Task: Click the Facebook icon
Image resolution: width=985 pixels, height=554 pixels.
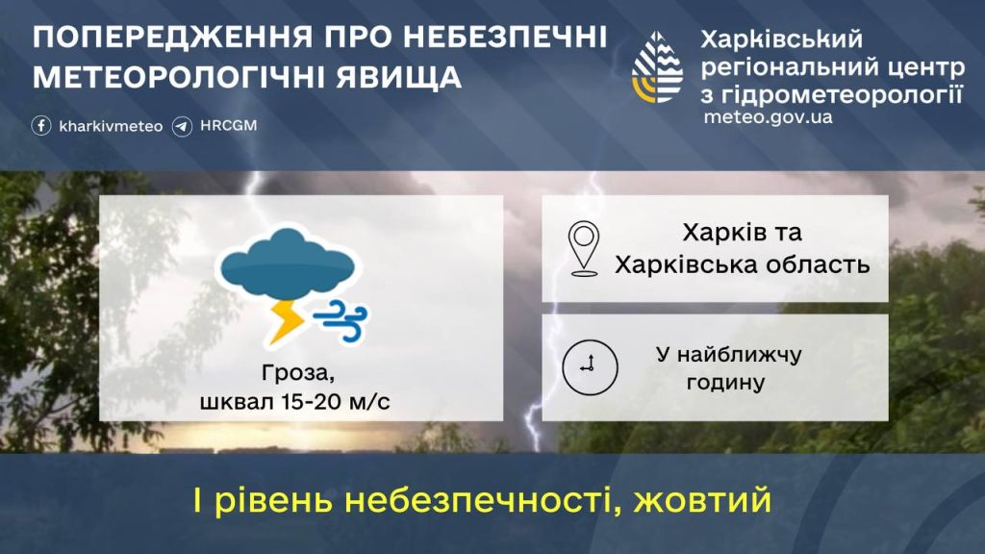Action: pyautogui.click(x=41, y=126)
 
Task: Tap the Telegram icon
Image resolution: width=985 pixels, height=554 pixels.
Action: pyautogui.click(x=182, y=126)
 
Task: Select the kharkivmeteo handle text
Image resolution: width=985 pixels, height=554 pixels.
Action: pyautogui.click(x=111, y=126)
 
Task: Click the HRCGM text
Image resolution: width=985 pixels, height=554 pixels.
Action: pyautogui.click(x=229, y=126)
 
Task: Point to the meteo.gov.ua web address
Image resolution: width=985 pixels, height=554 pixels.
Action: pyautogui.click(x=768, y=116)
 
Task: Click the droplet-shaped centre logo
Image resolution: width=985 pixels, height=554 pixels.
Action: pyautogui.click(x=657, y=68)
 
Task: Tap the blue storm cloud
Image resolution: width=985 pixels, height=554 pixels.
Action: pyautogui.click(x=288, y=264)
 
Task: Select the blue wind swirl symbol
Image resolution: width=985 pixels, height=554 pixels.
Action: pyautogui.click(x=341, y=320)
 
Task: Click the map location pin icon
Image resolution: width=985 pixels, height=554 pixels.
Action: pyautogui.click(x=584, y=249)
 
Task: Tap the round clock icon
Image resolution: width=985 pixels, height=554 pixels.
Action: pyautogui.click(x=590, y=367)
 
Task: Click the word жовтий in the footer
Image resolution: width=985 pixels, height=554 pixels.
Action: pyautogui.click(x=702, y=500)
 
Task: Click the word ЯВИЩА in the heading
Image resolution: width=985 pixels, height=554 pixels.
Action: pyautogui.click(x=399, y=77)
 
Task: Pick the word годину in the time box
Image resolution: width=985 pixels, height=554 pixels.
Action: pyautogui.click(x=725, y=382)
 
